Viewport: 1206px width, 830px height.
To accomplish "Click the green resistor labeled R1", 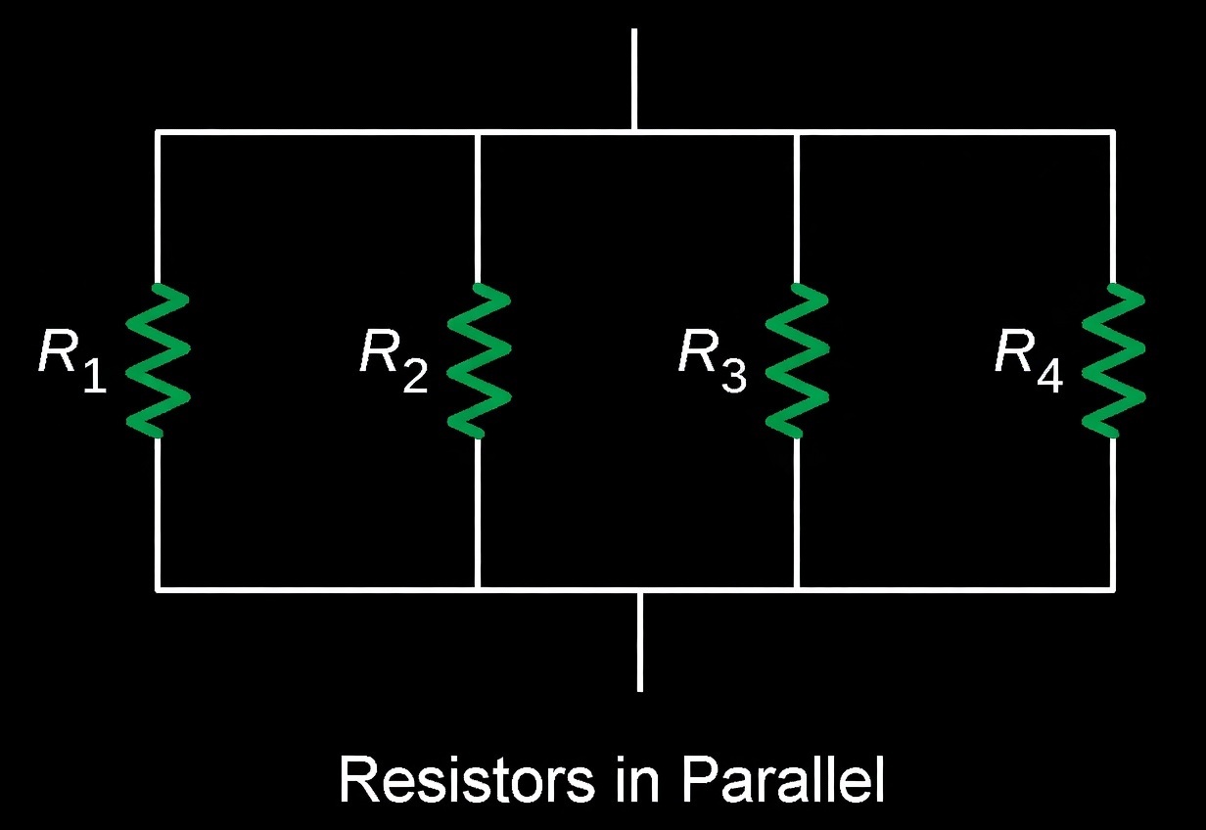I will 158,359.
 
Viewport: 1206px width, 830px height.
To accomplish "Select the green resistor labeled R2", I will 478,359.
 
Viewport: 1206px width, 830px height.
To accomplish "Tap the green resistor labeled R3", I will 797,359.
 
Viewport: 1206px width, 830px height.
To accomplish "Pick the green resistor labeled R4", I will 1113,359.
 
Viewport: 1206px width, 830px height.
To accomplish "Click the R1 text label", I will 72,357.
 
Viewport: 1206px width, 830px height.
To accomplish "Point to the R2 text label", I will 394,357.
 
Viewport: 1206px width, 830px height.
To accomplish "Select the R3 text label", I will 712,357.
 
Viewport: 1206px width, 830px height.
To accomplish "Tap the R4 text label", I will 1028,357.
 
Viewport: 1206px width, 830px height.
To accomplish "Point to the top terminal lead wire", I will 634,78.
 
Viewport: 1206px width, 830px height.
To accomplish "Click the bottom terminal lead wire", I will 639,641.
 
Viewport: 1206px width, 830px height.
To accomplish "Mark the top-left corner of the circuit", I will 158,131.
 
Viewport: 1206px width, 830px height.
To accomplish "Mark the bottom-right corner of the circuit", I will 1113,589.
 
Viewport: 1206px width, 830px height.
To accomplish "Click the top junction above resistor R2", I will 477,131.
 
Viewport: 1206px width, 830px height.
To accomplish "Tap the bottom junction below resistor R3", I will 797,589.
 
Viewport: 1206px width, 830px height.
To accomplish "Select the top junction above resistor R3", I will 797,131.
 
